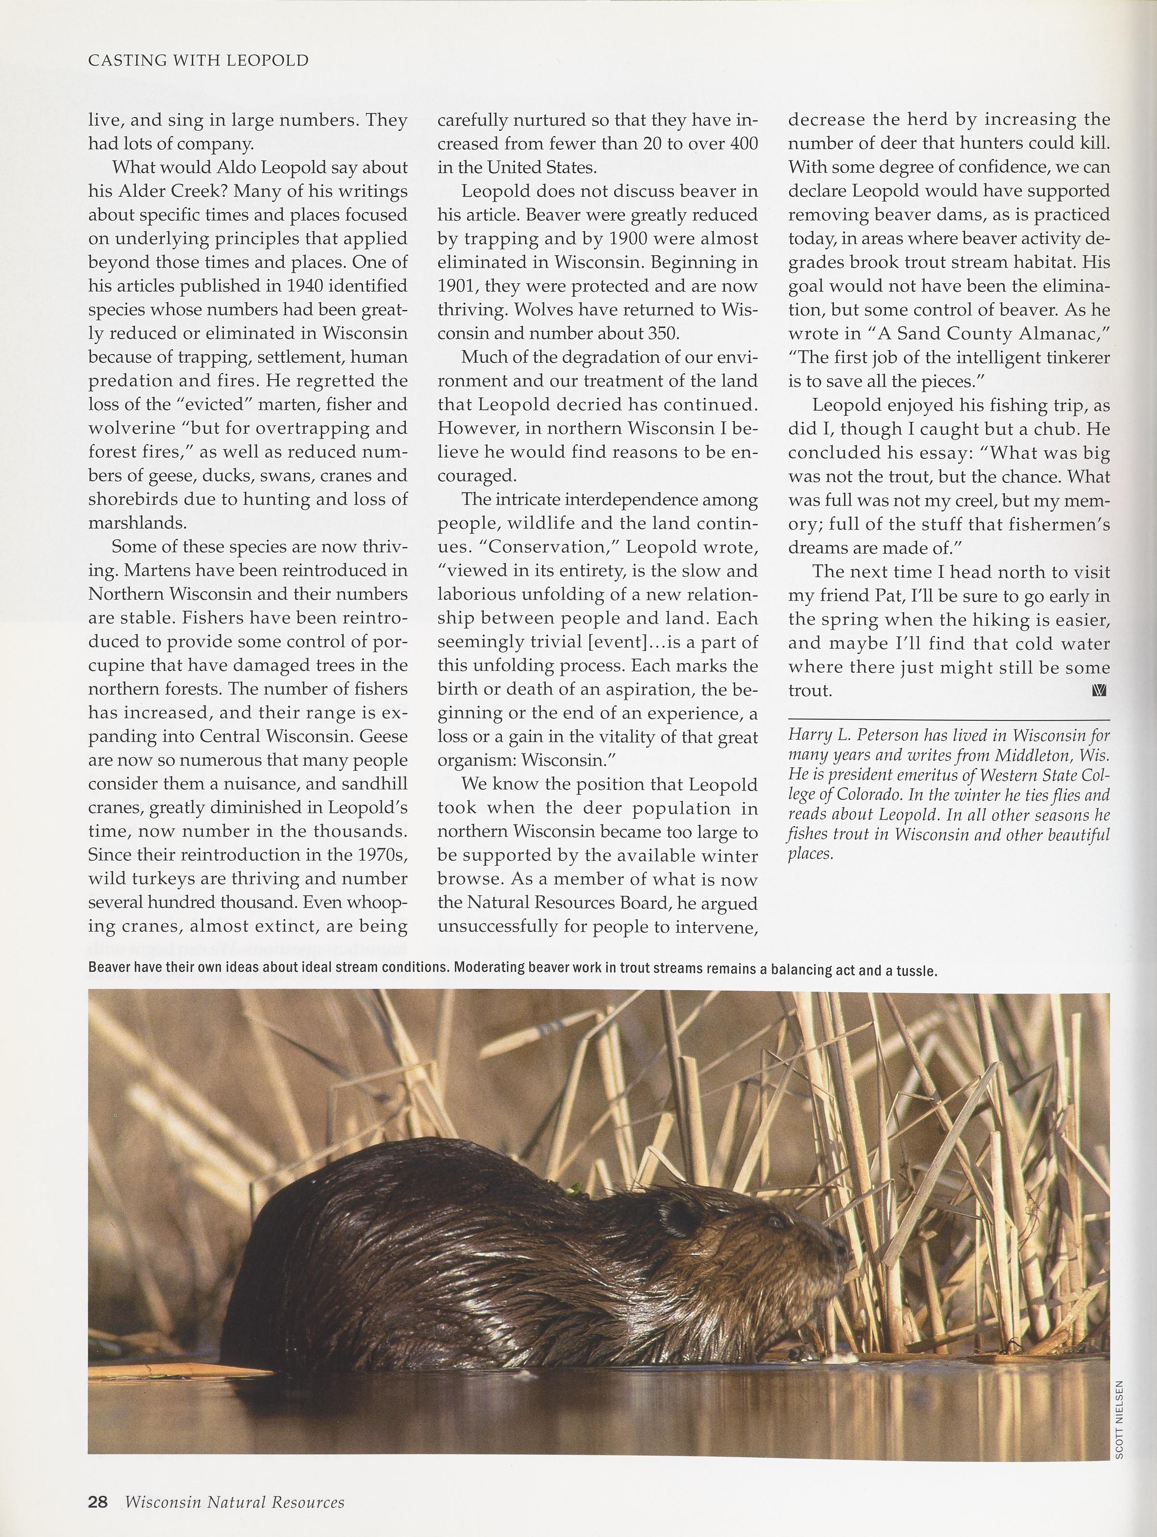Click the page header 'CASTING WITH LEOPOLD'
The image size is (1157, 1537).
pos(198,61)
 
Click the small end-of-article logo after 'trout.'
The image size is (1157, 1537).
pos(1099,691)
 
